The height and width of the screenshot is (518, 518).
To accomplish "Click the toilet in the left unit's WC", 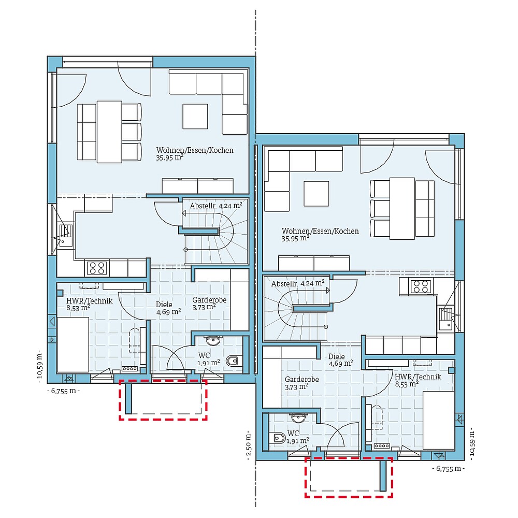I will click(x=234, y=361).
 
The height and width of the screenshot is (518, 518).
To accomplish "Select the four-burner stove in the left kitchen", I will click(x=97, y=268).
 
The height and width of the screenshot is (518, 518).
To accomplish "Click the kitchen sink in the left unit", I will click(x=66, y=234).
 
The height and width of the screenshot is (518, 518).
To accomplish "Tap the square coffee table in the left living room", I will click(x=195, y=117).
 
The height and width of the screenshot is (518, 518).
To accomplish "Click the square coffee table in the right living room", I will click(x=316, y=193).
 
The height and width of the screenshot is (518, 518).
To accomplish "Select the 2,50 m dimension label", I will click(x=249, y=444).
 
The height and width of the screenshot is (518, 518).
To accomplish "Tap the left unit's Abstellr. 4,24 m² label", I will click(x=216, y=206).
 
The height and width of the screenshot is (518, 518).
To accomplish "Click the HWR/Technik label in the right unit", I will click(x=418, y=377).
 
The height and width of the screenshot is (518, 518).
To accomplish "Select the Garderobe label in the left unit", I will click(x=209, y=300).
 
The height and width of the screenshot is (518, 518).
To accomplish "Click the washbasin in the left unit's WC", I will click(x=213, y=340).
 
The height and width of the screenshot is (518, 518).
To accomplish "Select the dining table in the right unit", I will click(x=402, y=208).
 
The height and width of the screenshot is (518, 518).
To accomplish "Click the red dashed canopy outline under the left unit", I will click(x=163, y=418).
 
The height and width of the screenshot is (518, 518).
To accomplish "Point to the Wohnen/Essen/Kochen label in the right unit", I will click(x=320, y=231).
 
